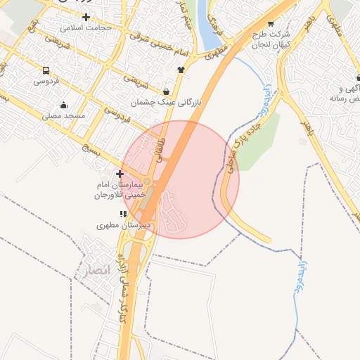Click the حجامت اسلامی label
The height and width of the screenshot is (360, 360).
coord(86,28)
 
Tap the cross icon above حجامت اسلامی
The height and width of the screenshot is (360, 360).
coord(86,17)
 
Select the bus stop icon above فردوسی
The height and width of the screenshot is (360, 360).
coord(46,71)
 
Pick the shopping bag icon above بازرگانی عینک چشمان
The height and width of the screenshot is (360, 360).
coord(166,91)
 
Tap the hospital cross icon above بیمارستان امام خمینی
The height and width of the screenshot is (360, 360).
coord(120,174)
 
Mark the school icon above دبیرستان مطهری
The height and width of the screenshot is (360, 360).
coord(123,213)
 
